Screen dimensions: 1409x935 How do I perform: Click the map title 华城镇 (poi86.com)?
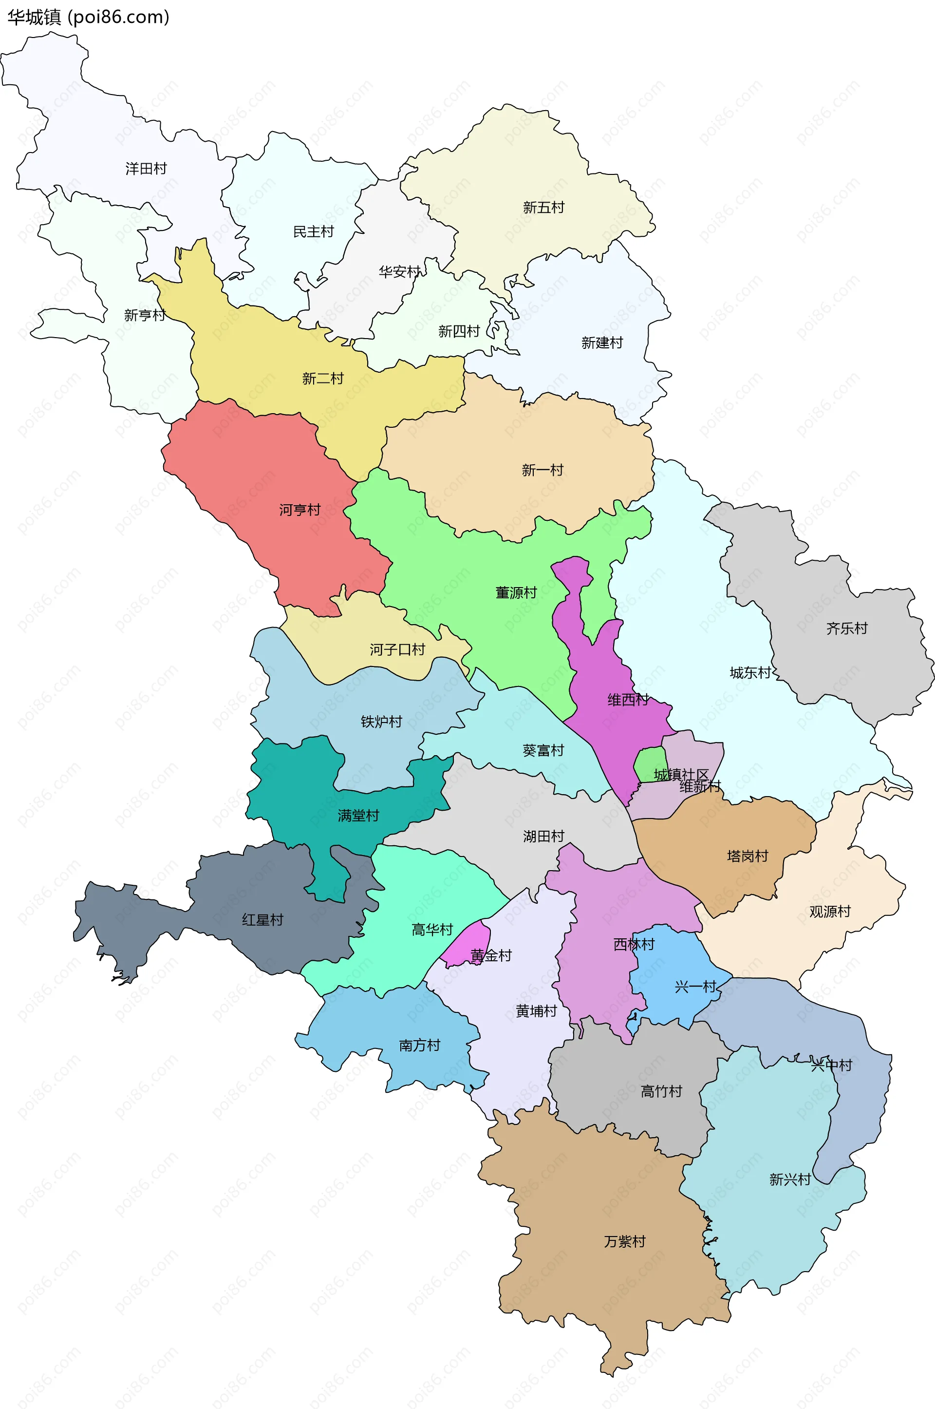point(88,18)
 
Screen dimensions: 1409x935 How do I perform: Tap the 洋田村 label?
point(146,169)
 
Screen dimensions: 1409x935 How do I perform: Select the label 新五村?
point(543,208)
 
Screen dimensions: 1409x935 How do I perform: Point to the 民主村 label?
point(313,231)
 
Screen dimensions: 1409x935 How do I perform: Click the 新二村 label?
point(322,378)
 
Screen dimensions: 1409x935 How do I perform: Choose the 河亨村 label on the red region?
point(300,510)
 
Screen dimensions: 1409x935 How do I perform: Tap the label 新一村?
point(542,470)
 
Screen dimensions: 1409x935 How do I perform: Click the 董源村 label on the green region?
point(516,592)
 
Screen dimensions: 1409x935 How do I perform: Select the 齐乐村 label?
point(846,628)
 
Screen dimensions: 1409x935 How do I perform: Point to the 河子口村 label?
point(397,649)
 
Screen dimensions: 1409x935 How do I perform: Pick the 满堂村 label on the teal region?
point(358,816)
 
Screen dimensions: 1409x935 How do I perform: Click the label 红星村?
point(262,920)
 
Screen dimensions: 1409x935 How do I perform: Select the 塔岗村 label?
point(747,856)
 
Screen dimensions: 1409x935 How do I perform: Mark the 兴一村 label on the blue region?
point(695,987)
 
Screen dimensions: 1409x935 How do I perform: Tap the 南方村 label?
point(419,1045)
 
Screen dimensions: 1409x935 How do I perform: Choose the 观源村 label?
point(829,912)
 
